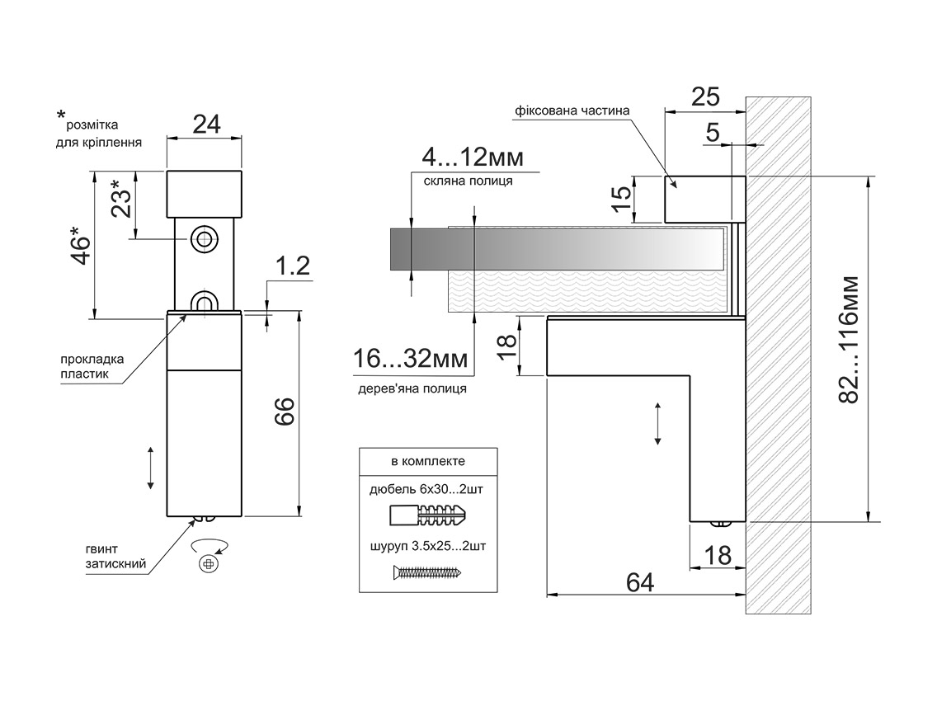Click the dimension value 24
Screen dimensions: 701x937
206,125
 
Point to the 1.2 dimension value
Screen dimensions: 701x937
292,266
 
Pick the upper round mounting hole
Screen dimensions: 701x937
203,239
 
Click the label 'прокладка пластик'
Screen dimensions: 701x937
92,366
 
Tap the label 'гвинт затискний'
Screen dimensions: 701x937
115,557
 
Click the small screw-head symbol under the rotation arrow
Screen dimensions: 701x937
208,563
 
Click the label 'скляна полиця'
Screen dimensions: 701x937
468,181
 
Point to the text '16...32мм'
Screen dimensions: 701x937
411,360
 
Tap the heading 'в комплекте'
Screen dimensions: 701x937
429,461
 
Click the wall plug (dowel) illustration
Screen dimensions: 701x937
428,518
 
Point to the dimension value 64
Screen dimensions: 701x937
640,581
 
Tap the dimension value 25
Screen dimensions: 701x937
705,97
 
